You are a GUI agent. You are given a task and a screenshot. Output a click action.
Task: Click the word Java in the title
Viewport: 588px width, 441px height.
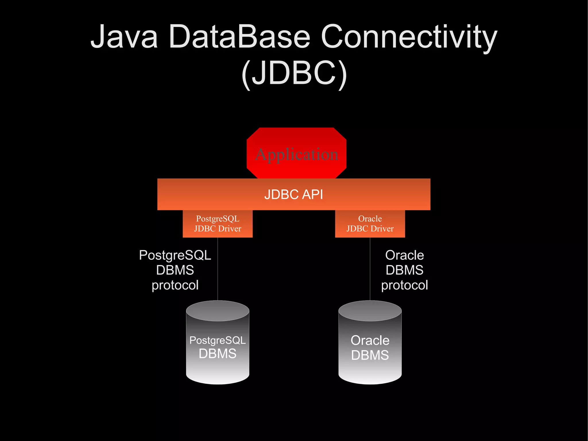(124, 37)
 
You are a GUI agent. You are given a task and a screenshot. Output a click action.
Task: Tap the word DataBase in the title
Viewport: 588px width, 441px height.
(240, 37)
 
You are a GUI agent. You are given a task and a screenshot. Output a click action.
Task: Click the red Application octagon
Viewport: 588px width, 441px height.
(296, 154)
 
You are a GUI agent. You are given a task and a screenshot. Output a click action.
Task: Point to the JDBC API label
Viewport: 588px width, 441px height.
(294, 194)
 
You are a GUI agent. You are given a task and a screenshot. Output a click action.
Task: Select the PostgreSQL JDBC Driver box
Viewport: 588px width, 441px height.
(218, 224)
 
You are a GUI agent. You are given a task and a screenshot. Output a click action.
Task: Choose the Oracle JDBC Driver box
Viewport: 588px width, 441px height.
(370, 224)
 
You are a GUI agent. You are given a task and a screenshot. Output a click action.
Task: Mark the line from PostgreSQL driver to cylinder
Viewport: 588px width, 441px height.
(218, 269)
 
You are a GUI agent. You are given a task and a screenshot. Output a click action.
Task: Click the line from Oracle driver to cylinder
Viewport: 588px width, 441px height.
(370, 269)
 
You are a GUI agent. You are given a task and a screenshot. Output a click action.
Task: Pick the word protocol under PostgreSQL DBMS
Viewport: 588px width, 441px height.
(175, 285)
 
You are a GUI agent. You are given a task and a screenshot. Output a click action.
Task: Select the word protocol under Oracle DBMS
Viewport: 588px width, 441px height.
(405, 285)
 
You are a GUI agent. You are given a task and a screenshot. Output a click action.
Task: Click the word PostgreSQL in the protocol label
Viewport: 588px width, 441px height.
(175, 255)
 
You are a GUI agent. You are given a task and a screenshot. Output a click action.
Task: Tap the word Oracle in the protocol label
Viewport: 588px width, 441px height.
(405, 255)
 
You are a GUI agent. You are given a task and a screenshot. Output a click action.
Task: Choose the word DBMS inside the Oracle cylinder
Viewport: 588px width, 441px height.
(370, 355)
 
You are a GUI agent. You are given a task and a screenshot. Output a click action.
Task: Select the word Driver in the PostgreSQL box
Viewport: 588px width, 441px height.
(230, 229)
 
